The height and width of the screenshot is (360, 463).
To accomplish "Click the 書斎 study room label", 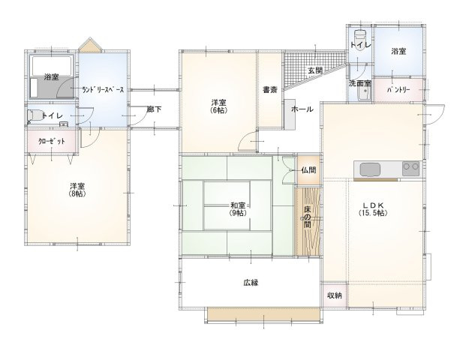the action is [270, 90].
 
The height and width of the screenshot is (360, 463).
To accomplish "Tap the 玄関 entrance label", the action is [315, 70].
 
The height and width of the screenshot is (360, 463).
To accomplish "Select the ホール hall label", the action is [302, 109].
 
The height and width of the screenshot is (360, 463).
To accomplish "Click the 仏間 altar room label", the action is [309, 170].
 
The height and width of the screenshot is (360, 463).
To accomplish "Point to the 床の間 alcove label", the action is [308, 217].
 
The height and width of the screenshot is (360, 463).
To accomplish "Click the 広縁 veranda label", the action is [251, 283].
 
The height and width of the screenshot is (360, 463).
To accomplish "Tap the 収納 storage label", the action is [334, 295].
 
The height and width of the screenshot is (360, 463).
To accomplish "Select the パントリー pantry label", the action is [398, 90].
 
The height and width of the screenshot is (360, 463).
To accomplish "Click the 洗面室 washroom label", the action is [359, 83].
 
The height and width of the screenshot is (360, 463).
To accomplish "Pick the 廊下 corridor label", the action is [154, 109].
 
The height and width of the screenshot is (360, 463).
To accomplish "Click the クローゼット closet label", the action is [52, 141].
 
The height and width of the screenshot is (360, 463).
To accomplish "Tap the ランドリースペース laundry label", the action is [103, 90].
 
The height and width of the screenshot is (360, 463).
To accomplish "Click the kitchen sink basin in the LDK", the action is [370, 169].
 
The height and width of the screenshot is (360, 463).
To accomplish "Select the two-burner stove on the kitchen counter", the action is [410, 169].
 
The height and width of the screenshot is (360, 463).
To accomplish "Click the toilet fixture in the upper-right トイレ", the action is [359, 39].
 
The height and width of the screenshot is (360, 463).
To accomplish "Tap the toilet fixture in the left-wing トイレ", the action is [35, 115].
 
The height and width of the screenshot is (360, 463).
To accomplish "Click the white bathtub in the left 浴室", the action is [52, 66].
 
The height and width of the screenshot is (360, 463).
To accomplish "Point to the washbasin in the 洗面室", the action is [365, 94].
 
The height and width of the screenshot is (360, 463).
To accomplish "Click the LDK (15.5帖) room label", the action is [373, 209].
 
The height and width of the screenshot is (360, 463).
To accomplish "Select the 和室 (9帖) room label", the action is [238, 209].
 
